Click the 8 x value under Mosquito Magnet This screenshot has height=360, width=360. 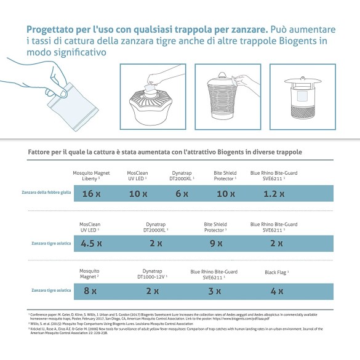pos(90,290)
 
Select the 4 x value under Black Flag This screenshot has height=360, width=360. pos(276,290)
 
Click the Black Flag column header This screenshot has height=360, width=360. pos(277,271)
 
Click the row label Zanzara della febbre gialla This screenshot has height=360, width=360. pos(45,193)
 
